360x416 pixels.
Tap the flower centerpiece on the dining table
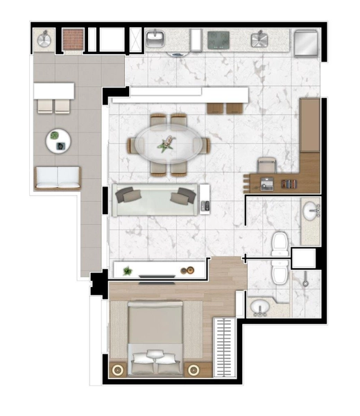(166, 144)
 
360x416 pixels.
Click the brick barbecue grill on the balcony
(73, 40)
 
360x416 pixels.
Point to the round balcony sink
(44, 40)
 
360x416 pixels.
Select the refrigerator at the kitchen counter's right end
(306, 43)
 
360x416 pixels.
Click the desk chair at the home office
(267, 166)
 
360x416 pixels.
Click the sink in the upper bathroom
(310, 208)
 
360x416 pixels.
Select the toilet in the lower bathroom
(280, 274)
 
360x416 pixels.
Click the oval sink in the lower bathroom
(261, 306)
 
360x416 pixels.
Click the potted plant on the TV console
(127, 270)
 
